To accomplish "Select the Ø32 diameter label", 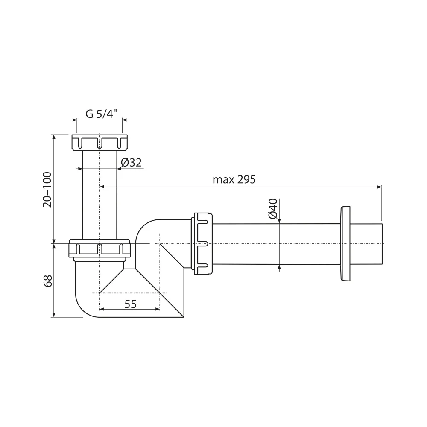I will (131, 163).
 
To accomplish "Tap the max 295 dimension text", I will (234, 180).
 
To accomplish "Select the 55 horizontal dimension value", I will (130, 304).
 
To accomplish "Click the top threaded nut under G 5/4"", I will (99, 142).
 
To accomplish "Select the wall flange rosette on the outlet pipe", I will (345, 244).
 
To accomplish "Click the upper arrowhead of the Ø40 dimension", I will (279, 220).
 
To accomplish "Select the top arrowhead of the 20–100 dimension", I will (54, 137).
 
